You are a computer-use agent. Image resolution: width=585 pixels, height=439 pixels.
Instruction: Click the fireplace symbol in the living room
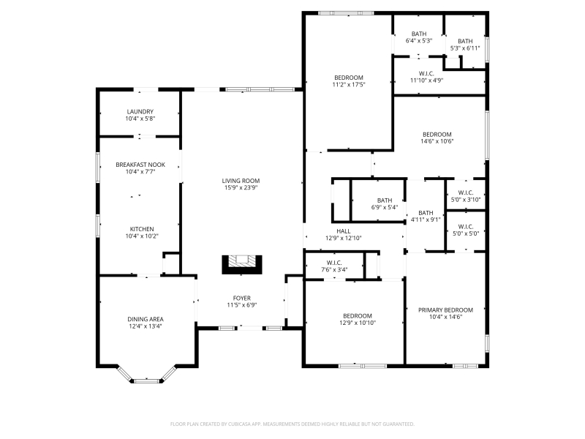242,265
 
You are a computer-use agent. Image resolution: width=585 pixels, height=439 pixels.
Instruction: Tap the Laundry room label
140,112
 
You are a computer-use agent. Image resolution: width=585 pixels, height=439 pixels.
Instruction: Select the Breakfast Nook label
140,165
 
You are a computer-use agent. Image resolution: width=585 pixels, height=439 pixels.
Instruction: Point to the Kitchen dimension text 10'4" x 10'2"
142,236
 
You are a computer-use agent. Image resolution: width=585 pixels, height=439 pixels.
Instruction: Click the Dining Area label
146,319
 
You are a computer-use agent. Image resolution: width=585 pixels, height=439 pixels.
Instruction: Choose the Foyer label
242,299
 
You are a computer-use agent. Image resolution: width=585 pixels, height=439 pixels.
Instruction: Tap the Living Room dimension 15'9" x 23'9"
241,188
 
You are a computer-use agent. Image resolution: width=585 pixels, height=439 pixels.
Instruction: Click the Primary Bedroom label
445,309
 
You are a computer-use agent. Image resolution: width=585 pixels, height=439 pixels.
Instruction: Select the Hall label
343,231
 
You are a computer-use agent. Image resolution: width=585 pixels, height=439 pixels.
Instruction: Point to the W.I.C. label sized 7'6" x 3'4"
334,263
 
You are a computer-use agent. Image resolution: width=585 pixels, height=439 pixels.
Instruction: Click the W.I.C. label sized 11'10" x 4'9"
426,74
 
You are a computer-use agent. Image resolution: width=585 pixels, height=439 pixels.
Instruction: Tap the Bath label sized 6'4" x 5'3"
419,34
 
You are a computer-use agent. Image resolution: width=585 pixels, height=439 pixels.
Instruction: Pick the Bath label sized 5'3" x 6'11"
465,41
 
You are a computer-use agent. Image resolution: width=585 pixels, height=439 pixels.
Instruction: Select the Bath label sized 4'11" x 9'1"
426,213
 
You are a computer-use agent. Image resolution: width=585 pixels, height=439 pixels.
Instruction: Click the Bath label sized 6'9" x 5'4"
385,200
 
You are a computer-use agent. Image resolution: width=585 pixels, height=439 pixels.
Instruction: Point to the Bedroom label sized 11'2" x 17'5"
349,78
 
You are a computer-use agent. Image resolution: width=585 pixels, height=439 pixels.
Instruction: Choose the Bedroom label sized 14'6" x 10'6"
437,135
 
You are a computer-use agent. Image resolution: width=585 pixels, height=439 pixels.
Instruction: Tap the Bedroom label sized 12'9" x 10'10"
358,316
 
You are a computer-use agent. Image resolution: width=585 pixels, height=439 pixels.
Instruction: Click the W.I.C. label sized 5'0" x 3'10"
466,192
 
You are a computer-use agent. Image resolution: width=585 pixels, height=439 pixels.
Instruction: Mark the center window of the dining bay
146,380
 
